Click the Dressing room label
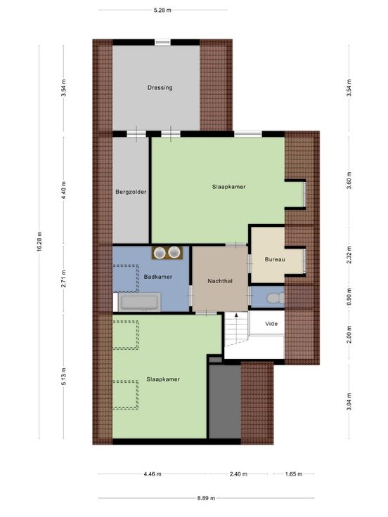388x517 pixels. [160, 88]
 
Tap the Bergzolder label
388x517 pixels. [131, 192]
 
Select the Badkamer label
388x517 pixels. [158, 277]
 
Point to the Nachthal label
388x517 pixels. [220, 281]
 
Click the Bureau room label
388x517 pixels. [275, 259]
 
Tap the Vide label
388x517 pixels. [271, 323]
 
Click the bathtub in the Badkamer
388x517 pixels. [140, 302]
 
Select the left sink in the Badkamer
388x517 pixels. [160, 253]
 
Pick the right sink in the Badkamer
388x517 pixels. [174, 253]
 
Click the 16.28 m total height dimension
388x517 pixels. [39, 242]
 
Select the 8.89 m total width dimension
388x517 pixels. [206, 498]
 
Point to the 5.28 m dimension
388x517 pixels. [162, 10]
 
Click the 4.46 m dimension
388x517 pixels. [153, 474]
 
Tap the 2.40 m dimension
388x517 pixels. [238, 474]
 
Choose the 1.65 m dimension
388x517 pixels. [294, 474]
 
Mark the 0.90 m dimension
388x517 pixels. [349, 296]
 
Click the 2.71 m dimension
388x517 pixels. [64, 279]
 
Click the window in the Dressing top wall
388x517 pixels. [162, 42]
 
